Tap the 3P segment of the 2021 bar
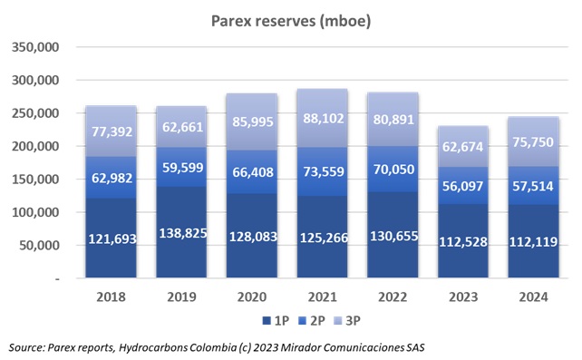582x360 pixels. click(322, 118)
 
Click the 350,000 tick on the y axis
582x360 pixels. click(34, 47)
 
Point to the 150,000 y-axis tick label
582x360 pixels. click(34, 180)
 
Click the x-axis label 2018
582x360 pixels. click(110, 297)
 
